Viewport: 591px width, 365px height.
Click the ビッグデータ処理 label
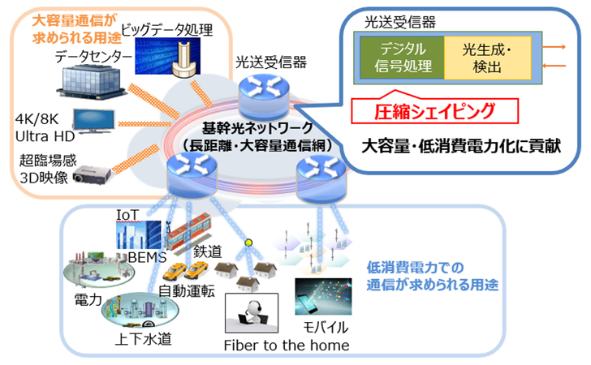167,32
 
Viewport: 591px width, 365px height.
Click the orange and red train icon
188,230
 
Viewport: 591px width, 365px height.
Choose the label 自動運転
187,292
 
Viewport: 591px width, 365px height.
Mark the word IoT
129,214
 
